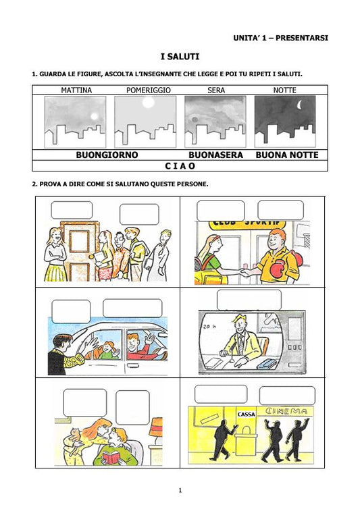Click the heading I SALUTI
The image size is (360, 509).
pyautogui.click(x=180, y=57)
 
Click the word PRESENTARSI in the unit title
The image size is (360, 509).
pyautogui.click(x=302, y=38)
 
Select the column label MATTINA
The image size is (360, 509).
pyautogui.click(x=76, y=90)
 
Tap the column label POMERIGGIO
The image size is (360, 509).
pyautogui.click(x=148, y=90)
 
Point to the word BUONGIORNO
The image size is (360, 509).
pyautogui.click(x=107, y=155)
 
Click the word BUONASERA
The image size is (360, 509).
pyautogui.click(x=215, y=155)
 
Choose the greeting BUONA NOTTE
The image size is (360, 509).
pyautogui.click(x=287, y=155)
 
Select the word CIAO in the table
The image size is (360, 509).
pyautogui.click(x=180, y=166)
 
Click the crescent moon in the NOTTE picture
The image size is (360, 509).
pyautogui.click(x=300, y=105)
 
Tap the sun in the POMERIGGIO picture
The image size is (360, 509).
pyautogui.click(x=149, y=103)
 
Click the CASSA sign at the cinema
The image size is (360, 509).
pyautogui.click(x=247, y=414)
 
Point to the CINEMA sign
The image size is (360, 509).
pyautogui.click(x=286, y=411)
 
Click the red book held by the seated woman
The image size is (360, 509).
pyautogui.click(x=111, y=458)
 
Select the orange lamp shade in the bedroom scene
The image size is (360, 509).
pyautogui.click(x=156, y=427)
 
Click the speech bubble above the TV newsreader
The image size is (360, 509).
pyautogui.click(x=249, y=300)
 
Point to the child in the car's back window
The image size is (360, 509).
pyautogui.click(x=106, y=350)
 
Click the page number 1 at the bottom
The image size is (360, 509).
pyautogui.click(x=180, y=490)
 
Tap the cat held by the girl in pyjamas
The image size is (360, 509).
pyautogui.click(x=76, y=435)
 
